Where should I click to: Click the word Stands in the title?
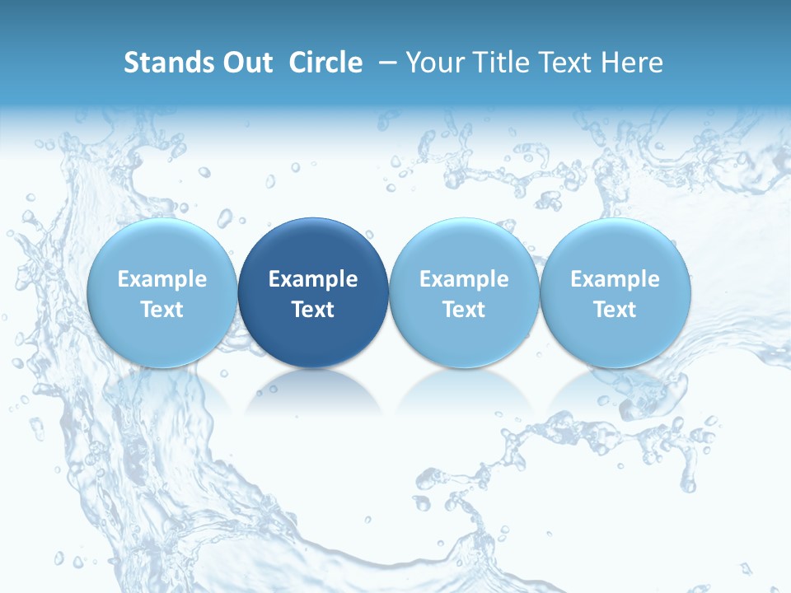[x=165, y=63]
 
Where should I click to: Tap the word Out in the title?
[x=245, y=63]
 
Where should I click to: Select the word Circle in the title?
[x=325, y=63]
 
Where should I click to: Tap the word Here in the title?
[x=631, y=63]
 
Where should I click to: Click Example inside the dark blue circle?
[x=313, y=279]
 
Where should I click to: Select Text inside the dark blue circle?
[x=313, y=310]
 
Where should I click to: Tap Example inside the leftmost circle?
[x=162, y=279]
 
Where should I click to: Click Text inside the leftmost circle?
[x=162, y=310]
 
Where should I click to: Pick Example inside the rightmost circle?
[x=615, y=279]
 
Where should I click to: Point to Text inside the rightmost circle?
[x=615, y=310]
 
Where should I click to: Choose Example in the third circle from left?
[x=464, y=279]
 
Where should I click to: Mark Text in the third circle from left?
[x=464, y=310]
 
